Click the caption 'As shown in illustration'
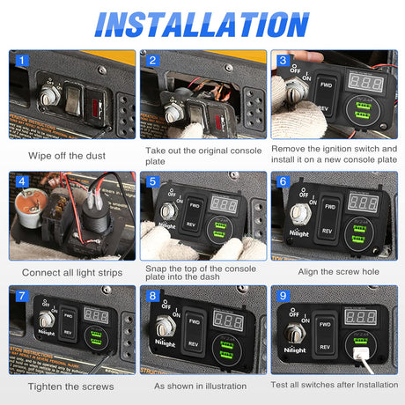(x=202, y=385)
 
